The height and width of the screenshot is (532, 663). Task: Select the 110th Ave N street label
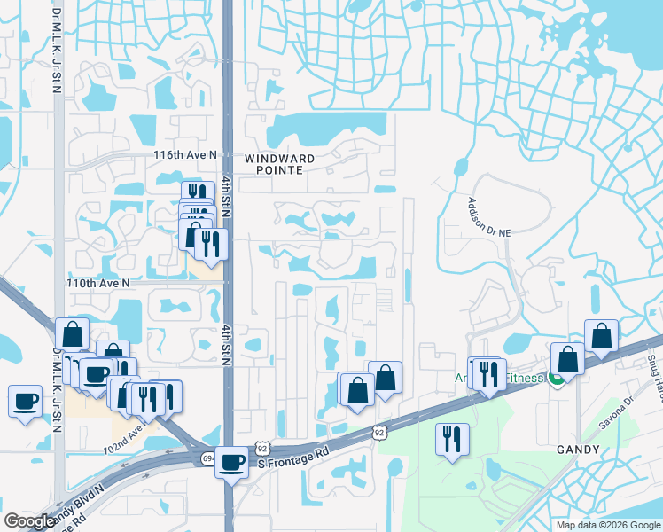coord(97,282)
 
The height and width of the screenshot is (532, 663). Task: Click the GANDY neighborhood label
coord(579,450)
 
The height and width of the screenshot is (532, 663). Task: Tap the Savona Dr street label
coord(617,413)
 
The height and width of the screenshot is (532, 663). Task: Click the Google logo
coord(29,521)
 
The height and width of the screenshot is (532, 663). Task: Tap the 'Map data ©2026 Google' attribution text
coord(608,525)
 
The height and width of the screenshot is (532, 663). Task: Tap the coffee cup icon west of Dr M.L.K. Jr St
coord(25,401)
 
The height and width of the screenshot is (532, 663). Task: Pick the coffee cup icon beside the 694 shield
coord(232,462)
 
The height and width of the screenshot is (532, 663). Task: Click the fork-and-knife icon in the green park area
coord(452,439)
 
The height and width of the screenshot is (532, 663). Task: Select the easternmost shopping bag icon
coord(601,336)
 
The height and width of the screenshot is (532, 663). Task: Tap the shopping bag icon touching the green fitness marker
coord(567,359)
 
